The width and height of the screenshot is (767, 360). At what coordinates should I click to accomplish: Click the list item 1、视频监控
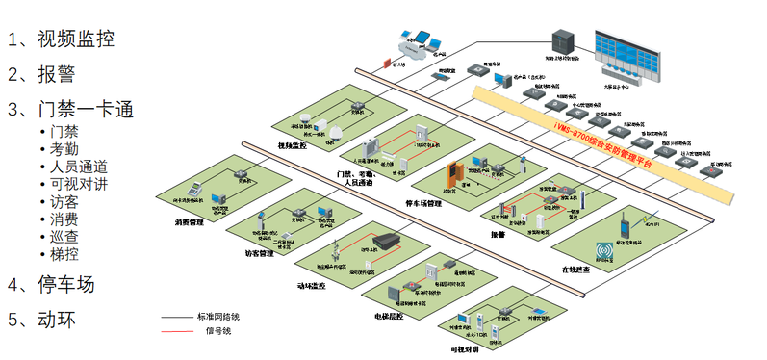click(x=62, y=39)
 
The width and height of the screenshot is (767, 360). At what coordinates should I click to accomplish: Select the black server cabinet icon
click(x=559, y=40)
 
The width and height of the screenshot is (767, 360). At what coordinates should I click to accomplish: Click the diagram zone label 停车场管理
click(x=423, y=203)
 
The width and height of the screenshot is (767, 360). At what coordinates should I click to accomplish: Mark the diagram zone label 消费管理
click(x=189, y=222)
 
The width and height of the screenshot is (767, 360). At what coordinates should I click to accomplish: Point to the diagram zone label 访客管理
click(x=259, y=254)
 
